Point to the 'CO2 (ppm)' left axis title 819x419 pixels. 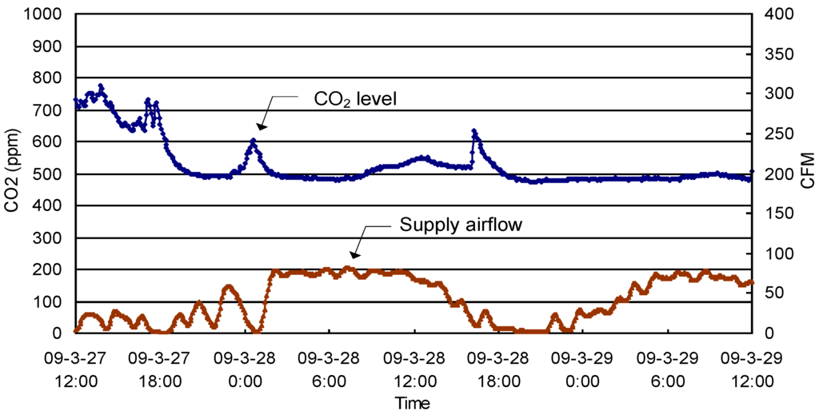pyautogui.click(x=13, y=173)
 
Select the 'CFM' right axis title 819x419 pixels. pyautogui.click(x=807, y=170)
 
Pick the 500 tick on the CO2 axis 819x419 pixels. pyautogui.click(x=51, y=174)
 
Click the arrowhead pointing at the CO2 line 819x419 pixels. pyautogui.click(x=260, y=126)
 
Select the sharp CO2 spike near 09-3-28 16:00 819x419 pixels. pyautogui.click(x=474, y=130)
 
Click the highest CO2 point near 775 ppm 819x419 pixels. pyautogui.click(x=101, y=86)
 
